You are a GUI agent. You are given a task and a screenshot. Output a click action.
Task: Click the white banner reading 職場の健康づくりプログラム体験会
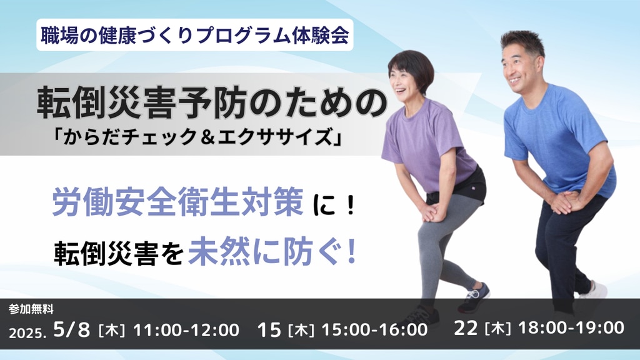195,35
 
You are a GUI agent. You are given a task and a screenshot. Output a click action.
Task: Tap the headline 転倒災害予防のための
212,104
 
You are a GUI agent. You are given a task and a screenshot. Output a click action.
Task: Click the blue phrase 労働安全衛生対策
177,202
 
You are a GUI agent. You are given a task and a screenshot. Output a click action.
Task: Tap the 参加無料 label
31,309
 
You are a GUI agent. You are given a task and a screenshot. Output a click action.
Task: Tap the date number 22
466,328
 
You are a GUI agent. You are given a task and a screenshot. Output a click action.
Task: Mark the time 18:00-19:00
571,327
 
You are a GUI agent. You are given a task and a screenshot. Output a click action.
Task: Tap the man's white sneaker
594,290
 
